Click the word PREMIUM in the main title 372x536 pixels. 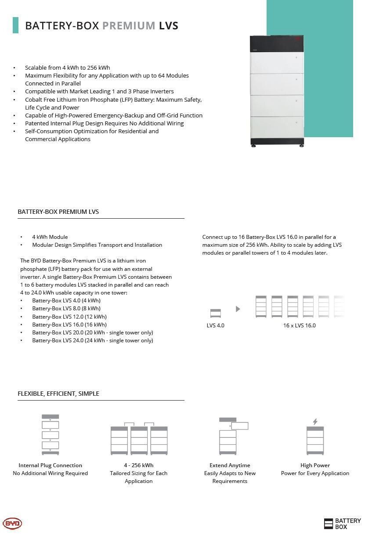(x=129, y=25)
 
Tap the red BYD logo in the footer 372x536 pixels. (x=12, y=523)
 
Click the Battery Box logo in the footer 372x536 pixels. (x=342, y=523)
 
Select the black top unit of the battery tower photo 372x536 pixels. (x=277, y=43)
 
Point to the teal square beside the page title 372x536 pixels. (x=16, y=25)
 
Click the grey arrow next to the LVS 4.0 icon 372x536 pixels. (x=238, y=309)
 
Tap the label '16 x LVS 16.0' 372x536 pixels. (x=300, y=325)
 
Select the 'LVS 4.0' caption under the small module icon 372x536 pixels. (x=216, y=325)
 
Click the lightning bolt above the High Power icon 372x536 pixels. (x=315, y=422)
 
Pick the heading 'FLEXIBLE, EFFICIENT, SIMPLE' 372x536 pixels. (x=58, y=393)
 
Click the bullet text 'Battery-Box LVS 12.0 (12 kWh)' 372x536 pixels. (x=69, y=316)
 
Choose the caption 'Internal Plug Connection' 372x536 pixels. (x=51, y=465)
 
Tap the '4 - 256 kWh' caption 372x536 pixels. (x=139, y=465)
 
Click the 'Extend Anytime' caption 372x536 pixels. (x=230, y=465)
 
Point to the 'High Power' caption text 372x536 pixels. (x=315, y=465)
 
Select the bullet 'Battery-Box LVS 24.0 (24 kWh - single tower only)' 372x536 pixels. (x=93, y=340)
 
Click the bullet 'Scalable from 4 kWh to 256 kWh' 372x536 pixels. (x=68, y=67)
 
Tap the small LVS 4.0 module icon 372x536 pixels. (x=216, y=313)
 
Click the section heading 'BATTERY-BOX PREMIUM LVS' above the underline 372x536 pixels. (x=58, y=211)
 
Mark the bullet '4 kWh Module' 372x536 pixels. (x=50, y=237)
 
